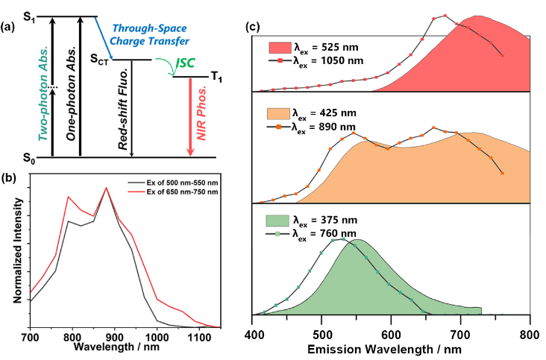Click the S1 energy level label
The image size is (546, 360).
[x=31, y=16]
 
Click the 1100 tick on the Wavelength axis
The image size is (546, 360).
[x=198, y=336]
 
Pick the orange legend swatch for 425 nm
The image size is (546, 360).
[x=276, y=113]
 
